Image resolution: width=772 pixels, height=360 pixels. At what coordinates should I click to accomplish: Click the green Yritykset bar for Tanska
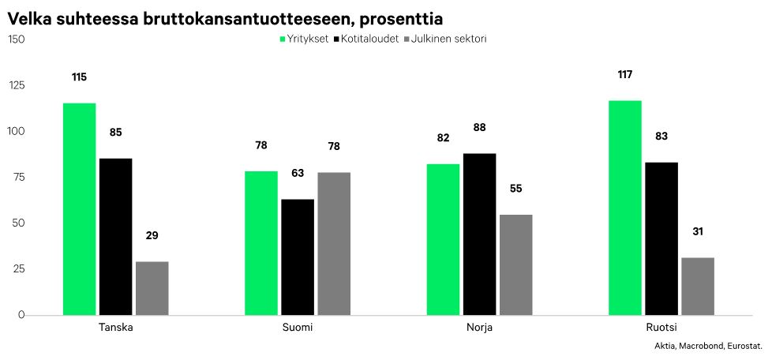(79, 209)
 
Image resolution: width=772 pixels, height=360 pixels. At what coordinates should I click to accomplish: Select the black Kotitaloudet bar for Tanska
(115, 237)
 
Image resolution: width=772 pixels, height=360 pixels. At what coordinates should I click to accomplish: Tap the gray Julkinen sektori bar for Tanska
(152, 288)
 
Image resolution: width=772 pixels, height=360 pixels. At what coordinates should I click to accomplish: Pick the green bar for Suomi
(260, 243)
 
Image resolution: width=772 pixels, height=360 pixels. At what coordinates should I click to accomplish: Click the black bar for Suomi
(298, 257)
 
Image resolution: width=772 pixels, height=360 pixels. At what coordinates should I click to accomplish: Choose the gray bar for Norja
(515, 264)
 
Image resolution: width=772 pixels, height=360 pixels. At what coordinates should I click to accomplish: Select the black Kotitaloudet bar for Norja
(479, 234)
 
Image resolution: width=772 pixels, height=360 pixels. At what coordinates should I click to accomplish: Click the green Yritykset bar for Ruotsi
(625, 208)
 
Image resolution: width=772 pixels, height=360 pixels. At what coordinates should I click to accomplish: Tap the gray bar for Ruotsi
(698, 287)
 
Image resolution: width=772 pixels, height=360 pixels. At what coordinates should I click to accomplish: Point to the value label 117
(625, 74)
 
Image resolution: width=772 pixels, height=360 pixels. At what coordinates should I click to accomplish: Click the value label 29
(152, 235)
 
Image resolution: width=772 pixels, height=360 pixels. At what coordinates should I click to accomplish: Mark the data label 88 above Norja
(479, 127)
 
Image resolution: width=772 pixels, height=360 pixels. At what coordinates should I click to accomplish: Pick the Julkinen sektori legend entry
(445, 39)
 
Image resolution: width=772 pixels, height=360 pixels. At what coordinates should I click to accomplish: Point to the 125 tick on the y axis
(16, 85)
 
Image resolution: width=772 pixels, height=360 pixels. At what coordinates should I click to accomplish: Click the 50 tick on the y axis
(18, 223)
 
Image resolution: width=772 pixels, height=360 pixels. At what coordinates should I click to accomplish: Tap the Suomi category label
(298, 328)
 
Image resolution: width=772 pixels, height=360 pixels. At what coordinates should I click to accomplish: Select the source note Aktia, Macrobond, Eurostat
(708, 346)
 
